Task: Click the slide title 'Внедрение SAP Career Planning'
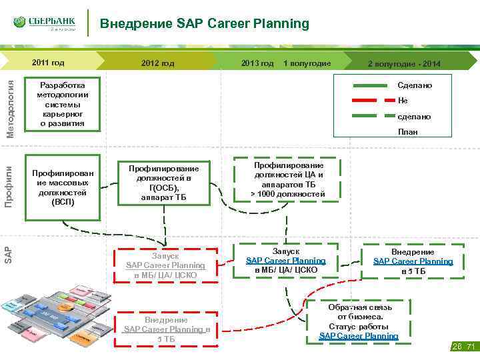click(205, 24)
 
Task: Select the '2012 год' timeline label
click(158, 63)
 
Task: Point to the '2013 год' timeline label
click(257, 63)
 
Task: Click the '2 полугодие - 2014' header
click(404, 64)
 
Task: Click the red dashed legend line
click(371, 101)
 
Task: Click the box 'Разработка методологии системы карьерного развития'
click(62, 105)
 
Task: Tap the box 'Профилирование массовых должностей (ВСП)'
click(62, 187)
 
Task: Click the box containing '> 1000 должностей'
click(287, 179)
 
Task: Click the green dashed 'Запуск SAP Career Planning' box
click(285, 256)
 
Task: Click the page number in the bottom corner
click(465, 346)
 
